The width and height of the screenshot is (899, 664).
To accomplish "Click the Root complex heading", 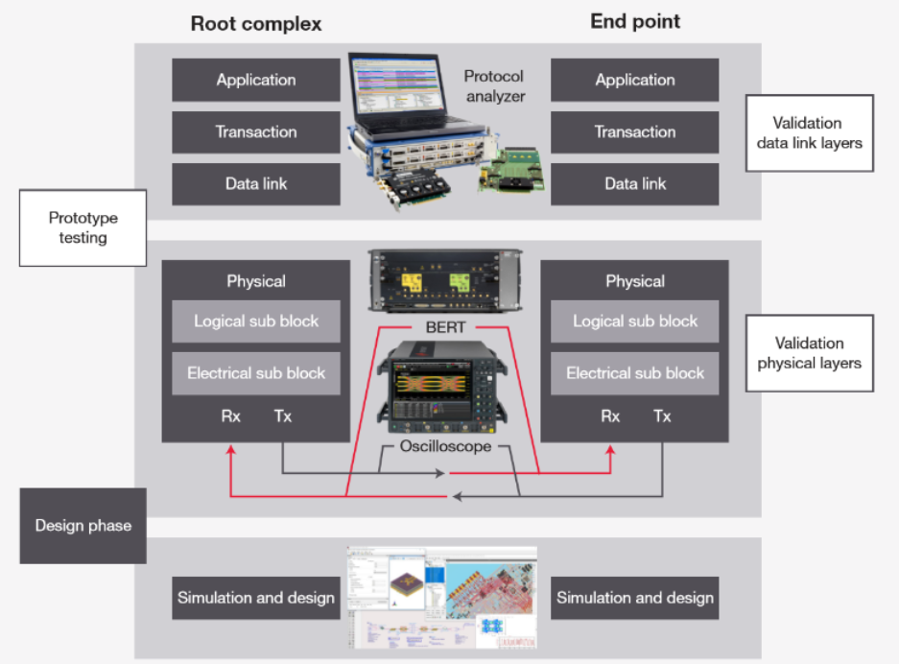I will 255,22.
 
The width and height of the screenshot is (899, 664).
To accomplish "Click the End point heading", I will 634,21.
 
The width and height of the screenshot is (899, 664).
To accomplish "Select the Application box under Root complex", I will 256,81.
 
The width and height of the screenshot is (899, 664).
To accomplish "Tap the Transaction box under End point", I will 634,132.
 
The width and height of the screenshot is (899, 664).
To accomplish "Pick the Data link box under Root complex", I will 256,184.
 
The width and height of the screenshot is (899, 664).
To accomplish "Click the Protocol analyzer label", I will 494,85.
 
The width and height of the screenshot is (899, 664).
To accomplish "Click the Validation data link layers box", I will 809,132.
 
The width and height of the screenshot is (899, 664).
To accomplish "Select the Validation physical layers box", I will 809,353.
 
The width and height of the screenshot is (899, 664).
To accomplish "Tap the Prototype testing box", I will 83,227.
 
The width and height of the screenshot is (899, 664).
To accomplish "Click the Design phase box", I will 83,526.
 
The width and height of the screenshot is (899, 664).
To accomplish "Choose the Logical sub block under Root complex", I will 256,321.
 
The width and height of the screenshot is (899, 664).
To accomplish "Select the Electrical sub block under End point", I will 634,373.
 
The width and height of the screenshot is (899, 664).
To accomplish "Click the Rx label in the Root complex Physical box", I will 231,416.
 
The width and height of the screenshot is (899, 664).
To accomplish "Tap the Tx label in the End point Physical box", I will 662,416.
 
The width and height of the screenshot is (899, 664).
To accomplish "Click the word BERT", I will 445,327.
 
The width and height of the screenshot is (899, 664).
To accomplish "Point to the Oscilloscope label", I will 445,446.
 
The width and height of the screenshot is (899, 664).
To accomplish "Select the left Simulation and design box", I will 256,598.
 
